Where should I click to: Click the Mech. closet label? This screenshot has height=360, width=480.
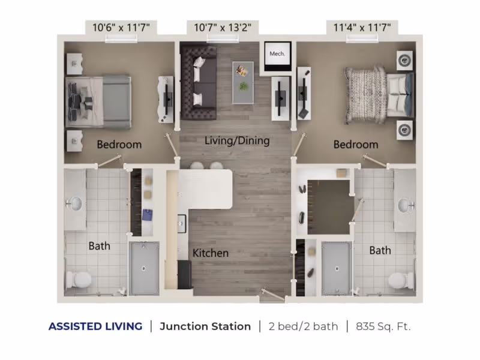(x=277, y=54)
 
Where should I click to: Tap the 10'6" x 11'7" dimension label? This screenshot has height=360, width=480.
(x=121, y=28)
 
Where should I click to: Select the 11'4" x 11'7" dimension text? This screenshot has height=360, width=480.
(x=362, y=28)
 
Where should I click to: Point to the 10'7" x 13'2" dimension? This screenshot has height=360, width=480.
(x=223, y=28)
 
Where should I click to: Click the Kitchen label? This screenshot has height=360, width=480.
(x=211, y=253)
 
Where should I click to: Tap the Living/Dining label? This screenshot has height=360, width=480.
(x=237, y=141)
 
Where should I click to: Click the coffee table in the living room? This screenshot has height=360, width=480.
(x=243, y=83)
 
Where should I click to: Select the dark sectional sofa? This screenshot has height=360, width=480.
(x=199, y=82)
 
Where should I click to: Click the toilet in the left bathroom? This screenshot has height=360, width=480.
(x=79, y=279)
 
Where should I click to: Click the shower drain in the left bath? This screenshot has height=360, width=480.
(x=143, y=269)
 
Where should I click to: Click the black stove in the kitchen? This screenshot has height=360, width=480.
(x=185, y=275)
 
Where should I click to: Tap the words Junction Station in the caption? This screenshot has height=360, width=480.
(x=205, y=326)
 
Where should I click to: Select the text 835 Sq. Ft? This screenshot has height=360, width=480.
(x=383, y=326)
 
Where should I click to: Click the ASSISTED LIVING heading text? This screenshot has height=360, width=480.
(x=95, y=326)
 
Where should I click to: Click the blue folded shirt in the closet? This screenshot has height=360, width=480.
(x=147, y=215)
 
